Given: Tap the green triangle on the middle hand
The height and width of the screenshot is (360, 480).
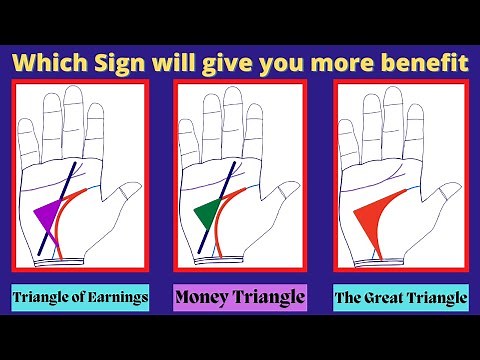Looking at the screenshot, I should pos(207,213).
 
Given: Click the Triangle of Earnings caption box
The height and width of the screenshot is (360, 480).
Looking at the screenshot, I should pos(80,297).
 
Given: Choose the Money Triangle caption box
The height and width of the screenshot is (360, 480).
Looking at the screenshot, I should pos(239,297).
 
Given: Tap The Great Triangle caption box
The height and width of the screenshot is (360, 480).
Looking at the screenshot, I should pos(400,297).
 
